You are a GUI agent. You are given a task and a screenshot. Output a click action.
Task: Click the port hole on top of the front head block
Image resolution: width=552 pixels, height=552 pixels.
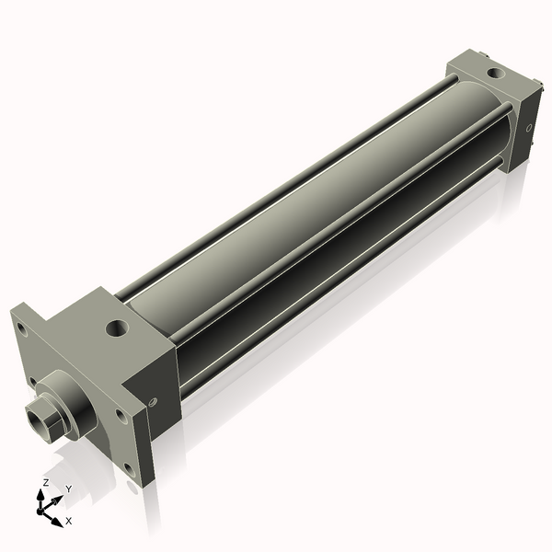(118, 326)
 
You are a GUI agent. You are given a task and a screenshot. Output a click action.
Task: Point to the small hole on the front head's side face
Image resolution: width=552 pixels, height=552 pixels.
(153, 400)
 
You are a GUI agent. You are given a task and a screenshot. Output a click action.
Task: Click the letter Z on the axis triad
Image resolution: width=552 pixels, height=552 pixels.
(46, 482)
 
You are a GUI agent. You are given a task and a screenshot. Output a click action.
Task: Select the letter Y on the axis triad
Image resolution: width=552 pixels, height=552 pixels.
(69, 489)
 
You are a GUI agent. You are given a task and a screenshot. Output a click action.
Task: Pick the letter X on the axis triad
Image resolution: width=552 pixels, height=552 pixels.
(68, 521)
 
